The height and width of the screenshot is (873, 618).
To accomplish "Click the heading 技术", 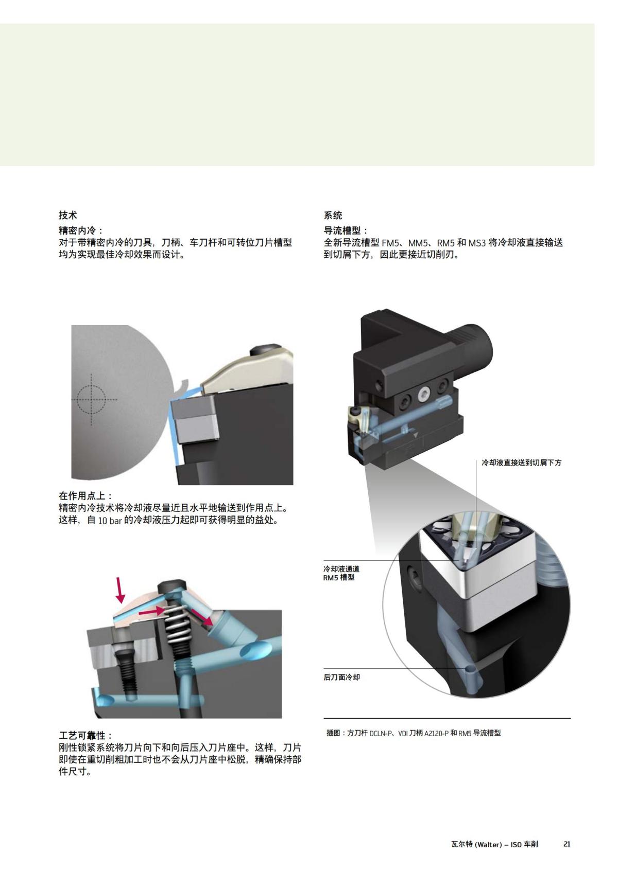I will pos(67,216).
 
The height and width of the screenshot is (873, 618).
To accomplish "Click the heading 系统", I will pos(333,216).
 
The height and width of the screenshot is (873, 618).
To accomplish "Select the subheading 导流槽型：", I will pos(346,230).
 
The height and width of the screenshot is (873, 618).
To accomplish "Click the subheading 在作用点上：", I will pos(85,496).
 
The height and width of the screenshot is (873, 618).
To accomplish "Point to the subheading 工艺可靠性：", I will pos(85,736).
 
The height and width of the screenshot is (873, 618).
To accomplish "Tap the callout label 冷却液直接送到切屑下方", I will pos(521,463).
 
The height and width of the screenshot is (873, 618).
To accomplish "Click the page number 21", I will pos(567,844).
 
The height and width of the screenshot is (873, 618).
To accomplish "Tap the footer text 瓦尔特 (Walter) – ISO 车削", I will pos(494,844).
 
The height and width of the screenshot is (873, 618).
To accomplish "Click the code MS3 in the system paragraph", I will pos(477,243).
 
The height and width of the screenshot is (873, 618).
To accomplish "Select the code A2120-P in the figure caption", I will pos(436,733).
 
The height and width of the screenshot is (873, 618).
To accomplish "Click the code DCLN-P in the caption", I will pos(381,733).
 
